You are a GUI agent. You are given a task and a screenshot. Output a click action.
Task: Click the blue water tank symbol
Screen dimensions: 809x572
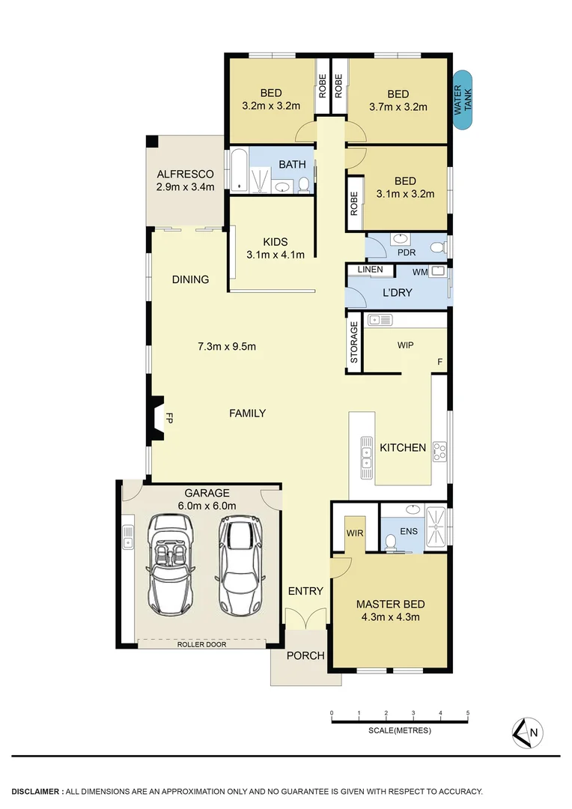coord(463,100)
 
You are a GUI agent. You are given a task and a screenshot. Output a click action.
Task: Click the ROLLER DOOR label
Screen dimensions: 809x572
coord(201,644)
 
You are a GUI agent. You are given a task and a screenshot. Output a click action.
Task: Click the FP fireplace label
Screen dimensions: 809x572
coord(169,417)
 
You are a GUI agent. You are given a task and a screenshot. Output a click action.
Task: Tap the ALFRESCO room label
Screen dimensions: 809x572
coord(185,174)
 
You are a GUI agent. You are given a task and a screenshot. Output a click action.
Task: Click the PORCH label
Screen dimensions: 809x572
coord(305,655)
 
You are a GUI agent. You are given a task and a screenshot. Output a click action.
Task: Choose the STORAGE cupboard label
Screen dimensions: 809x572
coord(354,342)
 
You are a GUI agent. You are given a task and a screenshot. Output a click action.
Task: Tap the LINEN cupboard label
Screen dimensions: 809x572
coord(370,270)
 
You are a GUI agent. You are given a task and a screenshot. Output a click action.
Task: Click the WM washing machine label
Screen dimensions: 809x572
coord(419,271)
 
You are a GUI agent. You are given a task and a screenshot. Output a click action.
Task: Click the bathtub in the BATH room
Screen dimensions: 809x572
coord(237,171)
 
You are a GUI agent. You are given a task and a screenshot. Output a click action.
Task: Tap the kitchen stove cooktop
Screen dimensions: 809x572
coord(439,452)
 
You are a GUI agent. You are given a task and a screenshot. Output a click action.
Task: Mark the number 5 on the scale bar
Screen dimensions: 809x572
coord(468,712)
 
